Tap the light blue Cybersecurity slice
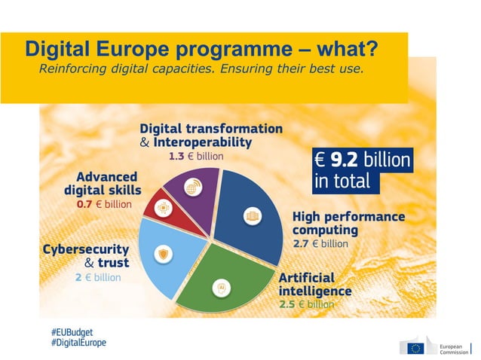click(x=170, y=256)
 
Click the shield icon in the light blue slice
click(x=166, y=255)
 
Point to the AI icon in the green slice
click(x=222, y=287)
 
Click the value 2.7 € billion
click(x=320, y=244)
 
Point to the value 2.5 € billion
click(x=306, y=304)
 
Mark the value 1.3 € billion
click(x=196, y=157)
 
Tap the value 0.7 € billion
click(x=103, y=204)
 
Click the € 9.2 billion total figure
click(x=362, y=160)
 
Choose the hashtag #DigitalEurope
click(x=78, y=343)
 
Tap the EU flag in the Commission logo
click(x=415, y=347)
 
